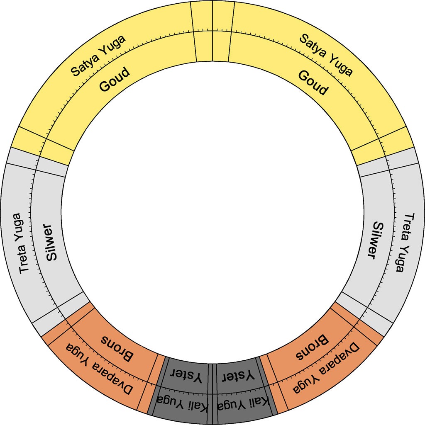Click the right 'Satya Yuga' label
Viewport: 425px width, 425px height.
326,55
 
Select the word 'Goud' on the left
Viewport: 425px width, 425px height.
114,80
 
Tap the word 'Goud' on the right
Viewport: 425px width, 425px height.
313,83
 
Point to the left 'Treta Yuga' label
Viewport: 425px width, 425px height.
21,243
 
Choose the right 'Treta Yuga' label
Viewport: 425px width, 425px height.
405,242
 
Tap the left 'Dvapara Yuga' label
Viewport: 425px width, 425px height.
99,368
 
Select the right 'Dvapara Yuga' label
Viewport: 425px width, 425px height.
326,368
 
